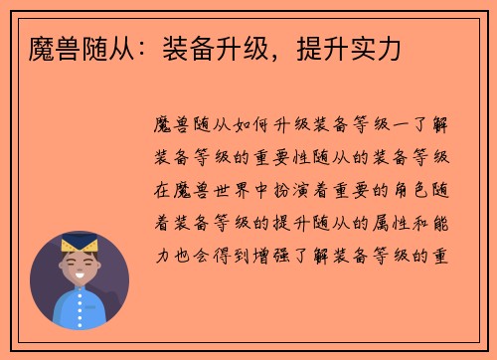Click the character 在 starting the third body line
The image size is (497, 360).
pyautogui.click(x=162, y=189)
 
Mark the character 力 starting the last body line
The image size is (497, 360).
pyautogui.click(x=162, y=253)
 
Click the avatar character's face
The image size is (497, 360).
pyautogui.click(x=80, y=269)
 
